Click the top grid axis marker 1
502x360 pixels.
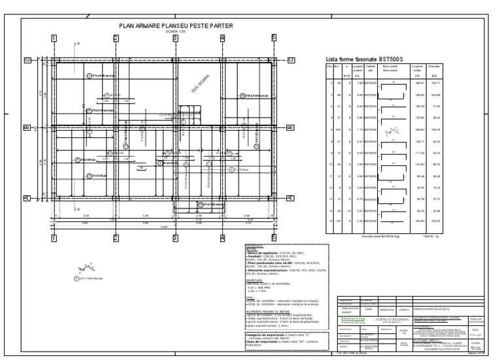pyautogui.click(x=54, y=38)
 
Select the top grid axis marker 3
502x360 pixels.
pyautogui.click(x=175, y=38)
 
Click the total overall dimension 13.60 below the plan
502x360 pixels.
pyautogui.click(x=163, y=226)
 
